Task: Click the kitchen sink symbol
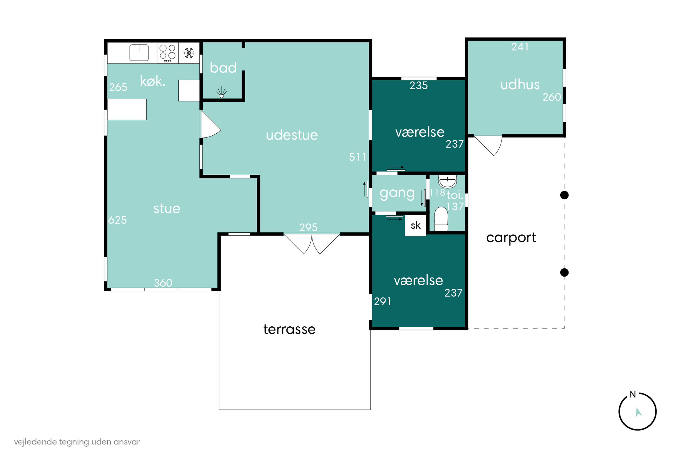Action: point(139,53)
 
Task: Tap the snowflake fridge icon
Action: point(189,53)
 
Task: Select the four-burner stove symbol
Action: point(168,53)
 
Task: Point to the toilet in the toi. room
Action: point(441,219)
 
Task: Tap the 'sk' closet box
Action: point(415,226)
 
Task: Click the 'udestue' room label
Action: point(292,135)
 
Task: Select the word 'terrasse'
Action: point(289,329)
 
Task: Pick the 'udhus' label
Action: point(520,85)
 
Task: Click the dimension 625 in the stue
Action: point(118,220)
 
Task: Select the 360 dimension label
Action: point(163,283)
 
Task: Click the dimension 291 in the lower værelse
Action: point(382,302)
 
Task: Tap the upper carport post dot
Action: point(564,195)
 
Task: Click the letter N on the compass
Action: point(633,395)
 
